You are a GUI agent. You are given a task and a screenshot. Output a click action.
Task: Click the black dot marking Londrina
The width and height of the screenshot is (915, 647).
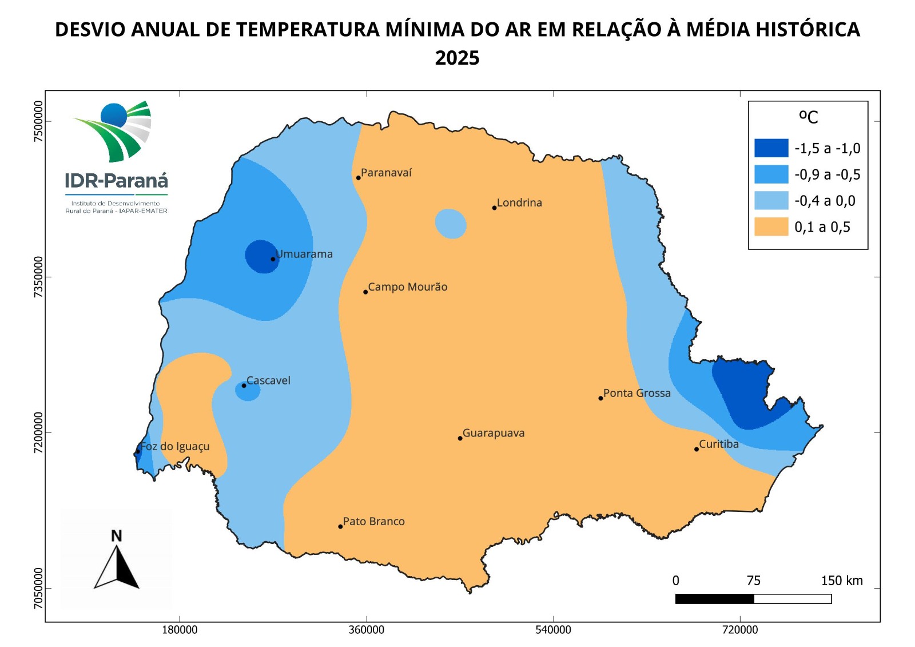tap(494, 208)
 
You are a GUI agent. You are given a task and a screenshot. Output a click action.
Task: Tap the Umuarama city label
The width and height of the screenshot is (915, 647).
tap(304, 254)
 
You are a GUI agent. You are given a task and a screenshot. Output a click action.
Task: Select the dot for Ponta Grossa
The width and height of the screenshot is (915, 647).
tap(600, 398)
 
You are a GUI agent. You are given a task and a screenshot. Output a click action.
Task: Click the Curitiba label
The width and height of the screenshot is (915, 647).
tap(719, 444)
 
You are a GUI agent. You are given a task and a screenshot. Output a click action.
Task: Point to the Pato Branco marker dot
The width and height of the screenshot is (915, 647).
tap(340, 526)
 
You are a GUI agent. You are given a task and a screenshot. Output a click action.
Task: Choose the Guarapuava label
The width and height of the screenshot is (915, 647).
tap(494, 433)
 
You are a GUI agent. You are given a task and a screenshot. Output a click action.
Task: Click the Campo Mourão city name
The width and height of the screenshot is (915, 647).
tap(407, 287)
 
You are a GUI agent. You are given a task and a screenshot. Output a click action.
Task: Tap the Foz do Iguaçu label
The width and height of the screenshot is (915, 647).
tap(175, 446)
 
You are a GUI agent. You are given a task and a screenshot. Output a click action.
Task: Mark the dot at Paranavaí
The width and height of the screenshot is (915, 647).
tap(359, 178)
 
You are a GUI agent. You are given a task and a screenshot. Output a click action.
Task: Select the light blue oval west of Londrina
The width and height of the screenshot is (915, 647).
tap(451, 224)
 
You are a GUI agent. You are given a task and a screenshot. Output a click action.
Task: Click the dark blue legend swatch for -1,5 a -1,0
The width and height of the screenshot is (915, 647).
tap(771, 148)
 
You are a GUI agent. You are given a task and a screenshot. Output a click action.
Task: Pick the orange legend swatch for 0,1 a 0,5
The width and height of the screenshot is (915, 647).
tap(771, 227)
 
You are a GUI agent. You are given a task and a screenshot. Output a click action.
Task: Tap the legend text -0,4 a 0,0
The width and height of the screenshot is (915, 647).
tap(825, 201)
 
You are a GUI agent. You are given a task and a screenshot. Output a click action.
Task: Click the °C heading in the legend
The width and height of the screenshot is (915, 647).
tap(808, 117)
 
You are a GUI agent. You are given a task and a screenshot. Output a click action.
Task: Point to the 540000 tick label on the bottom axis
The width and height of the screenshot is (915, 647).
tap(553, 630)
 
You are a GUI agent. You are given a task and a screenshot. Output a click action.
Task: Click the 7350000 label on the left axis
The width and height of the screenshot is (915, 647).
tap(38, 277)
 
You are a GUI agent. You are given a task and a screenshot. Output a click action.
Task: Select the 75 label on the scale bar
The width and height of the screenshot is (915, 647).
tap(753, 581)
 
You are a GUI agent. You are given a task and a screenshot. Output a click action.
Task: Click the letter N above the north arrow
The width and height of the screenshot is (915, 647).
tap(116, 536)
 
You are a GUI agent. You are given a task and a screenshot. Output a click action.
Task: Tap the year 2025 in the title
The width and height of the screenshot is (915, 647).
tap(457, 58)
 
